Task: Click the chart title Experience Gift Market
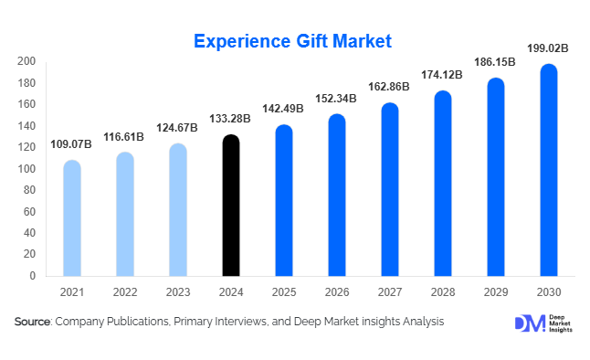tap(292, 41)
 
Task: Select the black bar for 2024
tap(232, 206)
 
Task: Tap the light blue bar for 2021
tap(72, 218)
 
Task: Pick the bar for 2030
tap(548, 170)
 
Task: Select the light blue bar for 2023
tap(179, 210)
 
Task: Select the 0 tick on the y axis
tap(32, 276)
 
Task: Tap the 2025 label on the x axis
tap(284, 292)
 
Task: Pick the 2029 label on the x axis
tap(496, 292)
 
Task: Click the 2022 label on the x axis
tap(125, 292)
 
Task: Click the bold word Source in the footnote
tap(33, 322)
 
